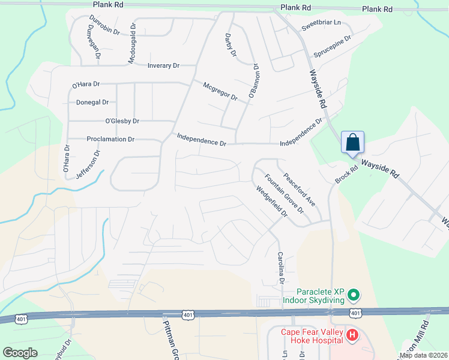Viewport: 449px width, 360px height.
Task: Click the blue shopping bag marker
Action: [353, 143]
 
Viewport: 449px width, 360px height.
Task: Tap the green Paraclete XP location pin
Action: [354, 295]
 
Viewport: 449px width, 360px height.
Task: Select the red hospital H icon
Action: [353, 335]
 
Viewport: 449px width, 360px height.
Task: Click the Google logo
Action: [20, 353]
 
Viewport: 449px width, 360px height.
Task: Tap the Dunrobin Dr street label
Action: [104, 26]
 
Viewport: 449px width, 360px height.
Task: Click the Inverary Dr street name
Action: [163, 65]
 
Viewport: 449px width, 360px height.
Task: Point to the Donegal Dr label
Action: [92, 103]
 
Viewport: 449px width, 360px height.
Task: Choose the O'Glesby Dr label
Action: [122, 121]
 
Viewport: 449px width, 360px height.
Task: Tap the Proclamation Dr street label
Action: [110, 139]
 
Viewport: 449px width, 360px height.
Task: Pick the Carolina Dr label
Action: [280, 268]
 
